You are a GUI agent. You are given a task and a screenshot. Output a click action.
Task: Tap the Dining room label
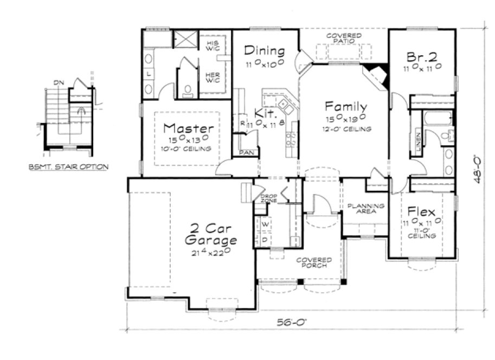(264, 51)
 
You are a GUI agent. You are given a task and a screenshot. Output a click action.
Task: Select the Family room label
(346, 106)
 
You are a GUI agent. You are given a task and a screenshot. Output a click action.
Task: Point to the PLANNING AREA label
(366, 209)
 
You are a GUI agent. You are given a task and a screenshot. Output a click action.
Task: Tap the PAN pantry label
(245, 153)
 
